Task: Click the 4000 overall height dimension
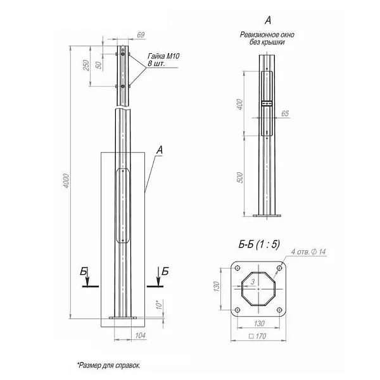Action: pos(66,184)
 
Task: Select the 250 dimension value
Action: pos(87,65)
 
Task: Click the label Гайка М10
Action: pos(163,57)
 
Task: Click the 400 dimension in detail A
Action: pos(239,104)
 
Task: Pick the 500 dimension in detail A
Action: pos(239,177)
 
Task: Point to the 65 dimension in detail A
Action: pos(284,113)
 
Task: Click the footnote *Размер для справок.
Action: pos(108,365)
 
